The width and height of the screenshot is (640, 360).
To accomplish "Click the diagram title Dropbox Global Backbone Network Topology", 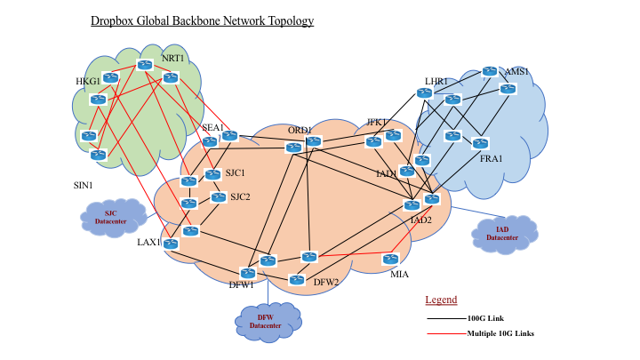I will (202, 20).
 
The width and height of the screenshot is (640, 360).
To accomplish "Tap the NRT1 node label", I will (172, 59).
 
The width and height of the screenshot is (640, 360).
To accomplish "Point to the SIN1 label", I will (84, 186).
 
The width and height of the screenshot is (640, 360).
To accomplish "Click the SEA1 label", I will (212, 127).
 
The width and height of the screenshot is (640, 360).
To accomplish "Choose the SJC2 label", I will (240, 197).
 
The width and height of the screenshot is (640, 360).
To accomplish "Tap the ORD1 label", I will (300, 131).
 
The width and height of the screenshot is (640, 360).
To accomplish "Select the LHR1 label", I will (436, 82).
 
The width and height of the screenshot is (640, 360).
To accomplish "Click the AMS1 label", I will (516, 72).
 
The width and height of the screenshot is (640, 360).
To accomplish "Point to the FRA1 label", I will (492, 158).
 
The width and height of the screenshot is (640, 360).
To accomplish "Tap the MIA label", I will (400, 274).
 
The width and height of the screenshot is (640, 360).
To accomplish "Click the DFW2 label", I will (326, 283).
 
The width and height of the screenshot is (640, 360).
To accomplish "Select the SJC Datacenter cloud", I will (111, 216).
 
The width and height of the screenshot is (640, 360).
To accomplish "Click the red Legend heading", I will (441, 300).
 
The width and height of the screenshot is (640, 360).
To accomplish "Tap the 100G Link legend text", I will (486, 317).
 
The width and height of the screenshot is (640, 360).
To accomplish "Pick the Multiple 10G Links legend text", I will (500, 333).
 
